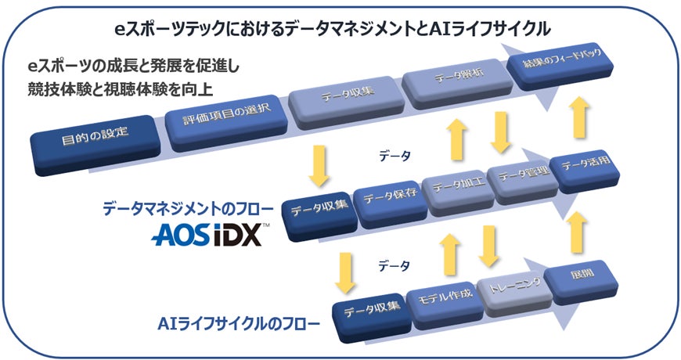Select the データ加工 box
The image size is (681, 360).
[x=455, y=188]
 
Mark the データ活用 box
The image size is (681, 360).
[x=581, y=166]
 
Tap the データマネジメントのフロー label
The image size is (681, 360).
[x=188, y=209]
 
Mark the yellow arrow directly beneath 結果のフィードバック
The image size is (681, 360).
[x=579, y=117]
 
